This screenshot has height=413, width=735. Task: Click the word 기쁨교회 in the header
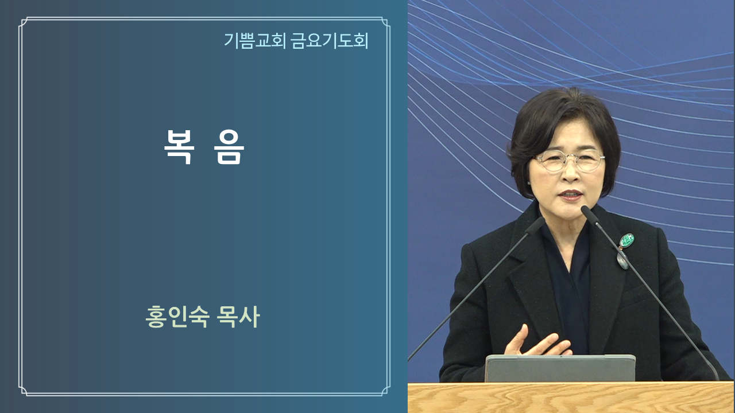pyautogui.click(x=255, y=41)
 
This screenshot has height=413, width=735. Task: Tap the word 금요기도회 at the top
pyautogui.click(x=330, y=41)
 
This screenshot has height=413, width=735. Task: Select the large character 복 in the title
pyautogui.click(x=179, y=147)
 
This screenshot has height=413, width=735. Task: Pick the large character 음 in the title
pyautogui.click(x=229, y=147)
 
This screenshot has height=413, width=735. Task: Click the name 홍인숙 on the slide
pyautogui.click(x=177, y=317)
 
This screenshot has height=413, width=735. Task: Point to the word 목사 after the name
pyautogui.click(x=238, y=317)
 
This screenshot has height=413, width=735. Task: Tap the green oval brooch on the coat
pyautogui.click(x=626, y=241)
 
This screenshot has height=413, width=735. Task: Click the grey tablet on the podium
pyautogui.click(x=560, y=368)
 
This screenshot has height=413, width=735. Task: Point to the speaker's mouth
pyautogui.click(x=571, y=196)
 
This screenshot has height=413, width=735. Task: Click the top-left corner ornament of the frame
pyautogui.click(x=24, y=22)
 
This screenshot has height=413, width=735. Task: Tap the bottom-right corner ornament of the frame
pyautogui.click(x=385, y=391)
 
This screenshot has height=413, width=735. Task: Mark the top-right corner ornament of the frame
pyautogui.click(x=385, y=22)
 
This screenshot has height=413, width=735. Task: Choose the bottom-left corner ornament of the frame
pyautogui.click(x=24, y=391)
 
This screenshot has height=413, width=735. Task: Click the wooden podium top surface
pyautogui.click(x=571, y=398)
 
